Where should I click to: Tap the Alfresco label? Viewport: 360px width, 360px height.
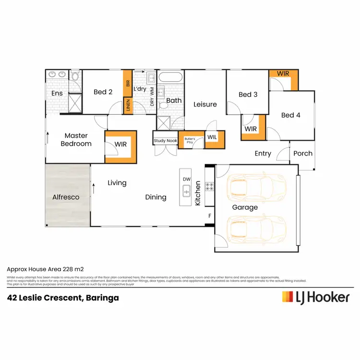click(x=65, y=197)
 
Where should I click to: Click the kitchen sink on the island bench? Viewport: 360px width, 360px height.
click(x=186, y=192)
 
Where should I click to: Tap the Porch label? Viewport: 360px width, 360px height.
click(x=303, y=154)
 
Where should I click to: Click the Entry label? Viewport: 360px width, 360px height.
click(x=263, y=154)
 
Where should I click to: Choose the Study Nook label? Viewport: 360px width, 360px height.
click(x=165, y=141)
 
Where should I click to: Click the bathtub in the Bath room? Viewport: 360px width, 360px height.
click(x=170, y=77)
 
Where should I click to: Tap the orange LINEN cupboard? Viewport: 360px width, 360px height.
click(x=128, y=106)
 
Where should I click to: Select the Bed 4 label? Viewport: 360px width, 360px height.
click(x=291, y=115)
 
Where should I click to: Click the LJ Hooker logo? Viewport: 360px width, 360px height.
click(x=315, y=297)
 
